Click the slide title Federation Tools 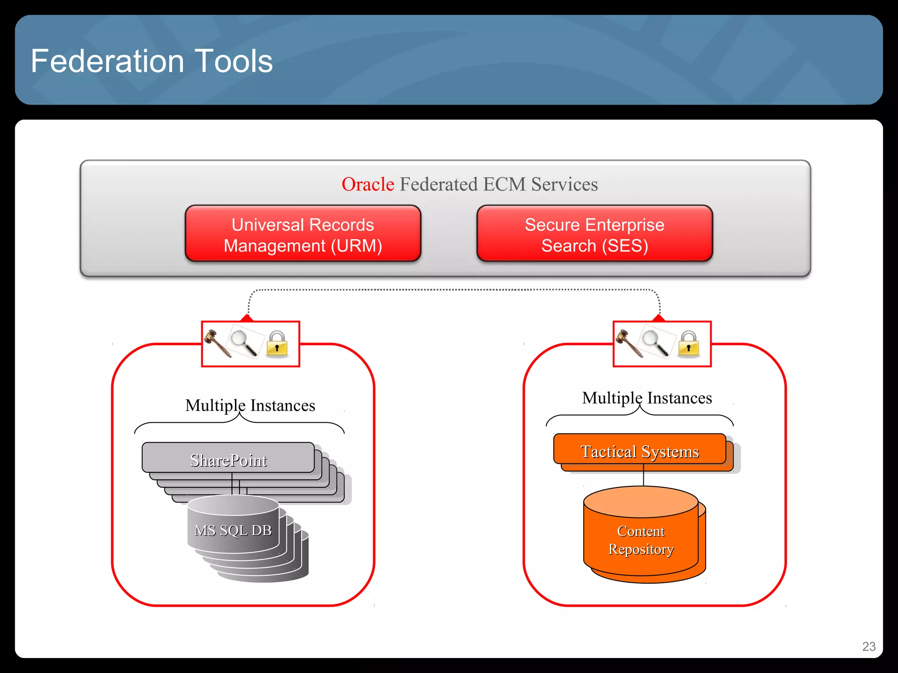tap(152, 61)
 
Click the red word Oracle tap(367, 184)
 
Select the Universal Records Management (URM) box tap(303, 235)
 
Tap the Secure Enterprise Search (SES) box tap(595, 235)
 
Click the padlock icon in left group tap(277, 344)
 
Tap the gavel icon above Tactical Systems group tap(629, 344)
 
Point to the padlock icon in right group tap(688, 344)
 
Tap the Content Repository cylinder tap(641, 539)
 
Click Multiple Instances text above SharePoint tap(250, 406)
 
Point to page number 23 tap(869, 646)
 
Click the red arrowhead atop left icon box tap(247, 318)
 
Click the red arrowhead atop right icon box tap(659, 318)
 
